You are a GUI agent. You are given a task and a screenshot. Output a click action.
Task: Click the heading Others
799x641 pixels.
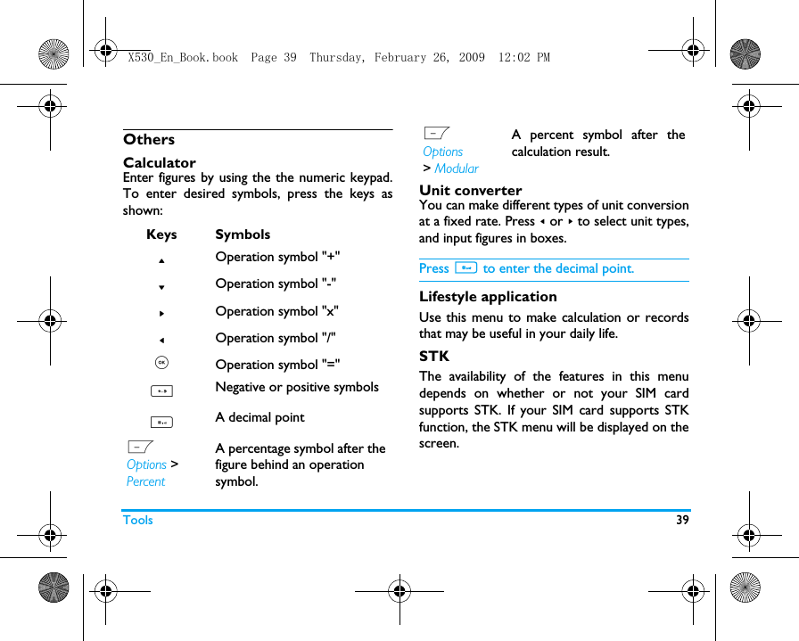tap(149, 139)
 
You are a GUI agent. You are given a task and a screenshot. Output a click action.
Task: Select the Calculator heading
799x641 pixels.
tap(160, 162)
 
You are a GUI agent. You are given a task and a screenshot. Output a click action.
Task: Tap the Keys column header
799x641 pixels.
tap(161, 234)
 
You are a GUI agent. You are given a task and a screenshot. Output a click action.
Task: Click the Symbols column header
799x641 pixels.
tap(243, 234)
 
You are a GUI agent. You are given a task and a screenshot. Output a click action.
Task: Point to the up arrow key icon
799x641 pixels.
tap(161, 260)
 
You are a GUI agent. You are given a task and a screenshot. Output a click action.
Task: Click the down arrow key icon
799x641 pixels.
tap(161, 287)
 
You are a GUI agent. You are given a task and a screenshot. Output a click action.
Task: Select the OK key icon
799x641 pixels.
tap(161, 362)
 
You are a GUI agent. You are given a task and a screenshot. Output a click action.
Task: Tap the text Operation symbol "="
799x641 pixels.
tap(277, 364)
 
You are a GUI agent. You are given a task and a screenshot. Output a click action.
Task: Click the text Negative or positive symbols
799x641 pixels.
tap(297, 387)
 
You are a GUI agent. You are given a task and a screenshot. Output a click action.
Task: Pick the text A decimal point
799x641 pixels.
tap(259, 417)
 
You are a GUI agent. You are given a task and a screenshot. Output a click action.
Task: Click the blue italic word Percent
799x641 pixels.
tap(145, 481)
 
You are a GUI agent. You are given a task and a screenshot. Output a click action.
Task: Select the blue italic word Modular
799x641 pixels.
tap(457, 168)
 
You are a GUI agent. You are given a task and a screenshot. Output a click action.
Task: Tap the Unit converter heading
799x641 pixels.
tap(471, 190)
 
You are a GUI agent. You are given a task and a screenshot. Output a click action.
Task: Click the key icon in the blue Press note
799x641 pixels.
tap(465, 267)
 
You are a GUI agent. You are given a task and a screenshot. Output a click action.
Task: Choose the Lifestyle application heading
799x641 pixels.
tap(488, 297)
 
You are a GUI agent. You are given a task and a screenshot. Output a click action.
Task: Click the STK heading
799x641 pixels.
tap(434, 357)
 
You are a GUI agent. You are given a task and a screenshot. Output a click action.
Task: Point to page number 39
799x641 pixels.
tap(682, 520)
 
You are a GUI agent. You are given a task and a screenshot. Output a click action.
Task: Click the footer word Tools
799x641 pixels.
tap(138, 520)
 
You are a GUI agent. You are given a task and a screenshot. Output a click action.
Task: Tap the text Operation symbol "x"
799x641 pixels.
tap(276, 311)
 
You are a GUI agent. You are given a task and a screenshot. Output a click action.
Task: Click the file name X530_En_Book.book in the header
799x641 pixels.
tap(183, 58)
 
